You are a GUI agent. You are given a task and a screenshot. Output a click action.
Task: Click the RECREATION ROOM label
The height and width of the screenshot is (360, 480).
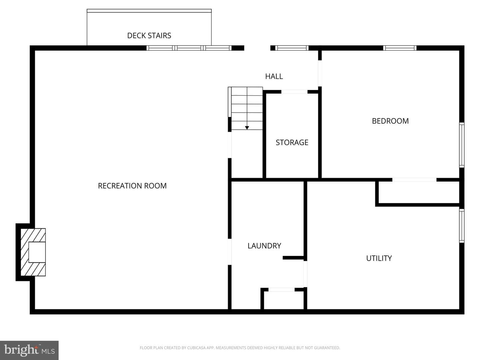pos(132,186)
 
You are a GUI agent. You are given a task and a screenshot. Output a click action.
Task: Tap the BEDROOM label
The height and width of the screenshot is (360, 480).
pos(390,121)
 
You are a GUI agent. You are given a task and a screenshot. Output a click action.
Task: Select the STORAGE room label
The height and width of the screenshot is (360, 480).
pos(292,143)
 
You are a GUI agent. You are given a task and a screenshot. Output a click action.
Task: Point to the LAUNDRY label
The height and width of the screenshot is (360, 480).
pos(264,246)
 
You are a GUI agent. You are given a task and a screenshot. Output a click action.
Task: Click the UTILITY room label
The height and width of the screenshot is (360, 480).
pos(379,258)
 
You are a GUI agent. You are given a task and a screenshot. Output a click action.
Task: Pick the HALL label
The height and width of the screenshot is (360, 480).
pos(274,77)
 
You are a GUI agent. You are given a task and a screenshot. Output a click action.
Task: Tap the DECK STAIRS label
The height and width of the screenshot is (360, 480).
pos(149,36)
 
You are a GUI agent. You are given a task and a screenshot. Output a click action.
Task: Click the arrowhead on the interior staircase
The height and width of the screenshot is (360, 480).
pos(247,128)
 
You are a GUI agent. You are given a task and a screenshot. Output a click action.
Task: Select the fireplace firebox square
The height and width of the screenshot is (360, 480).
pos(37,252)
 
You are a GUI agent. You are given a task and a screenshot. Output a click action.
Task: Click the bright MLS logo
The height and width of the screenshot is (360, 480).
pos(29,350)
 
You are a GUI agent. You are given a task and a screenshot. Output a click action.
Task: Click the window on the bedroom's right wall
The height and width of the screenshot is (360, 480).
pos(462,145)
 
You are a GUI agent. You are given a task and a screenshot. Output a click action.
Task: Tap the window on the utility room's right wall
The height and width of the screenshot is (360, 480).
pos(462,226)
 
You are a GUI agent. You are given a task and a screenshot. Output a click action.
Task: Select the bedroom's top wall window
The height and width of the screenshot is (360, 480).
pos(400,48)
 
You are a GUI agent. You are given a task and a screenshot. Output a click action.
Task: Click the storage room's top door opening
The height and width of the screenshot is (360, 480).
pos(294,92)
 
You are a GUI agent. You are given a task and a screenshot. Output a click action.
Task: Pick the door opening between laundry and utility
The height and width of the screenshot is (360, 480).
pos(305,274)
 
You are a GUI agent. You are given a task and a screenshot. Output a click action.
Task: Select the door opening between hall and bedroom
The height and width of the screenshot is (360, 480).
pos(320,73)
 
